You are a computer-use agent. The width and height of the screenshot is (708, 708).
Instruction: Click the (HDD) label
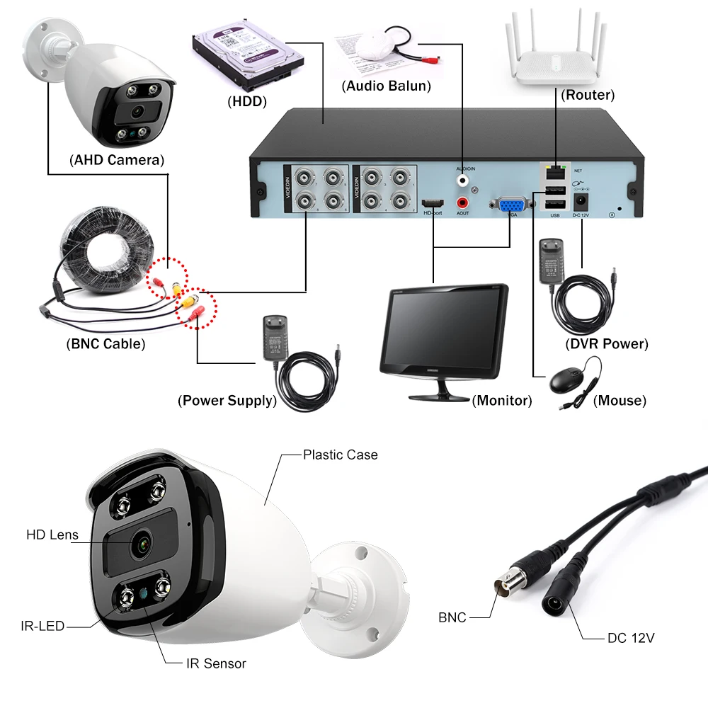[247, 102]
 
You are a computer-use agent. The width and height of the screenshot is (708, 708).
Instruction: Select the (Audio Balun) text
[386, 86]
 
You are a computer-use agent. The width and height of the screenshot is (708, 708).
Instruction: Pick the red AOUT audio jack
[464, 202]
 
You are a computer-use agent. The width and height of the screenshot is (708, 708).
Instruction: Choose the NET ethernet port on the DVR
[554, 171]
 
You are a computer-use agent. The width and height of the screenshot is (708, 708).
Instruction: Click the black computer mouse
[569, 381]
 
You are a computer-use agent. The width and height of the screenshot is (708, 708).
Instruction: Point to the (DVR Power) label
[607, 344]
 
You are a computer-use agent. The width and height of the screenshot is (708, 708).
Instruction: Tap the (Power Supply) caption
[227, 401]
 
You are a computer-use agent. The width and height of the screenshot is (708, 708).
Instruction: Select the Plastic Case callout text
[340, 455]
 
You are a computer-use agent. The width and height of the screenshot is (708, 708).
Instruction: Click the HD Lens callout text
[52, 535]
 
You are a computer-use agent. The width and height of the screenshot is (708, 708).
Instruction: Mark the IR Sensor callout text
[216, 663]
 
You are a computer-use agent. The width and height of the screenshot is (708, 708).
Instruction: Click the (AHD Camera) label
[117, 160]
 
